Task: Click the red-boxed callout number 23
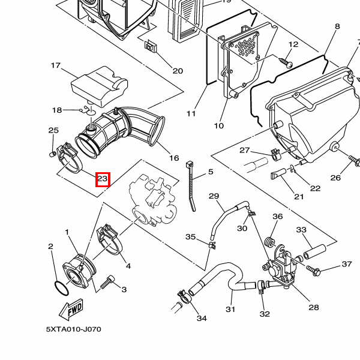point(103,179)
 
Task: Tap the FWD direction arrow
point(71,309)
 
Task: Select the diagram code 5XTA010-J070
point(73,329)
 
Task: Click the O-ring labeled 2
point(62,289)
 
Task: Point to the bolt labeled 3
point(107,282)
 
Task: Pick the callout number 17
point(56,65)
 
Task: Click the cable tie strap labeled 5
point(191,186)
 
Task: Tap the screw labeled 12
point(286,62)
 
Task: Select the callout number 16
point(174,158)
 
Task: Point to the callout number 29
point(214,196)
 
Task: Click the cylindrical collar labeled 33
point(315,252)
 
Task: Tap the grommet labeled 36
point(269,242)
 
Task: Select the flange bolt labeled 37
point(313,270)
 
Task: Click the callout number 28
point(314,307)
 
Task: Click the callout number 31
point(230,309)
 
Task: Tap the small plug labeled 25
point(53,154)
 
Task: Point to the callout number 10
point(218,125)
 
